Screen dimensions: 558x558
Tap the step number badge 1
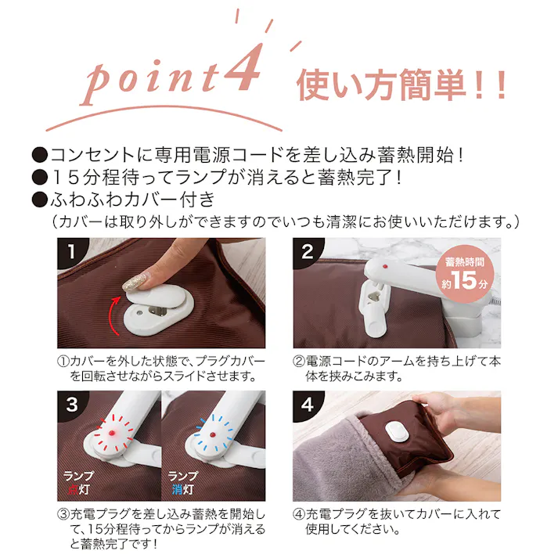tap(71, 252)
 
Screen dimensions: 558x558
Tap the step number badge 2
tap(308, 252)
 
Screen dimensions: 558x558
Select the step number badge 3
tap(71, 405)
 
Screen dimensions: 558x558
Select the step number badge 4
tap(308, 405)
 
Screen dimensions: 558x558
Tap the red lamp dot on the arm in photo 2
tap(384, 267)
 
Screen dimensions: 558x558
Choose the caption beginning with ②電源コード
tap(398, 369)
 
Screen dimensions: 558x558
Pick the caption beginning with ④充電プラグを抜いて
tap(398, 521)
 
